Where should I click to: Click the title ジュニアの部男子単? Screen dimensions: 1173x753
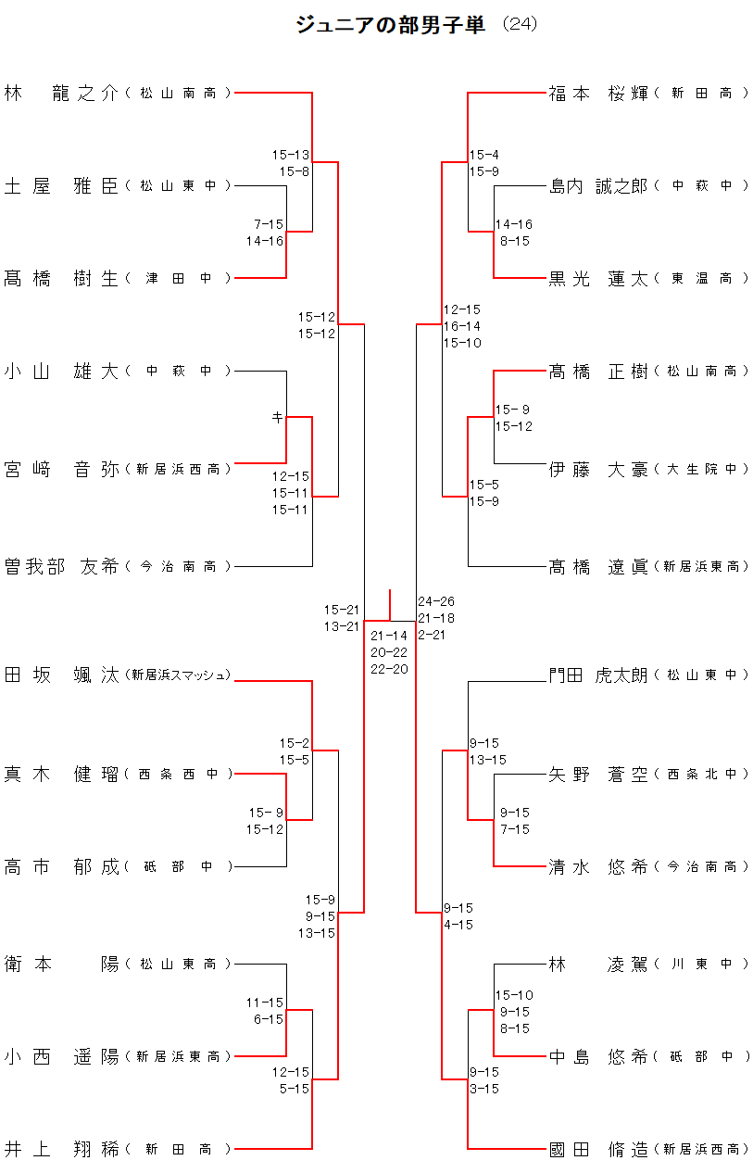(x=390, y=25)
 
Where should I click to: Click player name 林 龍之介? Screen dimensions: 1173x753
(x=62, y=93)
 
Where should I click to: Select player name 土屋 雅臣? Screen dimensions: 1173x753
(x=62, y=185)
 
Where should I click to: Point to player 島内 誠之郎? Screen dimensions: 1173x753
(x=598, y=185)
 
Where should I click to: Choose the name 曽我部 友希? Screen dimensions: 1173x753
(x=62, y=566)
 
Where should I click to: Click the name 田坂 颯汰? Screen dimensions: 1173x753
(x=62, y=675)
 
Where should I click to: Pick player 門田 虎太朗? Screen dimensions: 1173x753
(x=598, y=675)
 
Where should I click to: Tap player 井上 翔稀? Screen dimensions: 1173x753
(x=62, y=1149)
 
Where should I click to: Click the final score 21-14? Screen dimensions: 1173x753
(x=389, y=636)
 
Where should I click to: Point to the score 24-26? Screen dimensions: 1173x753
(x=436, y=601)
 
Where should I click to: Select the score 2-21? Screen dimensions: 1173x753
(x=433, y=635)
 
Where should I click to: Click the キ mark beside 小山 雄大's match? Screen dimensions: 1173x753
(x=277, y=418)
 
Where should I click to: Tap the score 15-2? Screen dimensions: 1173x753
(x=295, y=743)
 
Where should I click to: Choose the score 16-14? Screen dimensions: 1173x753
(x=462, y=326)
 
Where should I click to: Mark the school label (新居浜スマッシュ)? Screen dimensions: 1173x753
(x=179, y=675)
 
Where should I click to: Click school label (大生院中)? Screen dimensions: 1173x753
(x=700, y=470)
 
